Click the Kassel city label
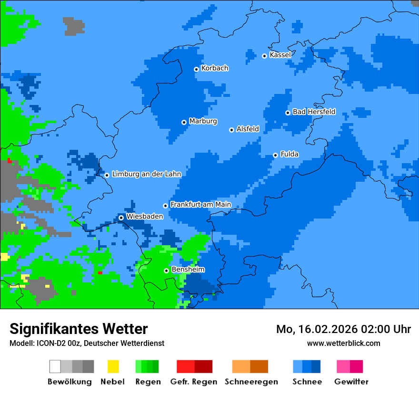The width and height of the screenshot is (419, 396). click(280, 55)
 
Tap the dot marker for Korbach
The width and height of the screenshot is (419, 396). click(196, 69)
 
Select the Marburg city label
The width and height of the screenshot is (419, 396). click(203, 121)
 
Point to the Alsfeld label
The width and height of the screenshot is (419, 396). click(248, 129)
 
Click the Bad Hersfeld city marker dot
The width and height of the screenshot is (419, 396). click(288, 113)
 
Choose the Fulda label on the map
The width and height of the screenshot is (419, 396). click(289, 154)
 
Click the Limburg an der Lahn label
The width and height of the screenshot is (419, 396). click(146, 174)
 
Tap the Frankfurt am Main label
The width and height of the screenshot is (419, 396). click(200, 205)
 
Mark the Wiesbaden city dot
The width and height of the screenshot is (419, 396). click(121, 218)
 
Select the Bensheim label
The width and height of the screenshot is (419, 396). click(188, 270)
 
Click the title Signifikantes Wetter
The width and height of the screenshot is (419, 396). click(79, 329)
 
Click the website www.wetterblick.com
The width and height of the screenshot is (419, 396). click(343, 343)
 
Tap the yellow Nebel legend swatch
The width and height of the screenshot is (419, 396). click(113, 366)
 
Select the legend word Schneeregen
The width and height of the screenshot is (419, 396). click(251, 382)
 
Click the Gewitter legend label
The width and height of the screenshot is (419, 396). click(351, 382)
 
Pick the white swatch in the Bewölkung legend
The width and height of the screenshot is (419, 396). click(55, 366)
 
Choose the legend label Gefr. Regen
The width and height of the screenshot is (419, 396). click(193, 382)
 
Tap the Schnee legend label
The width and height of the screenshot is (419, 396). click(307, 382)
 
